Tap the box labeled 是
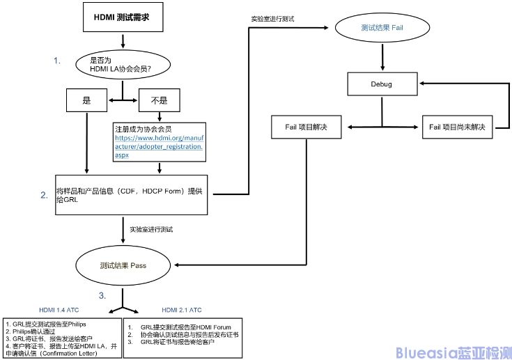87,100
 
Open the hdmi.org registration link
160,147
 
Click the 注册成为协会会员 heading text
145,129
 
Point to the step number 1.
58,61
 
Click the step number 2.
44,194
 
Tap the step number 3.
102,295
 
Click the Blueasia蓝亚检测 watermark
453,352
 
